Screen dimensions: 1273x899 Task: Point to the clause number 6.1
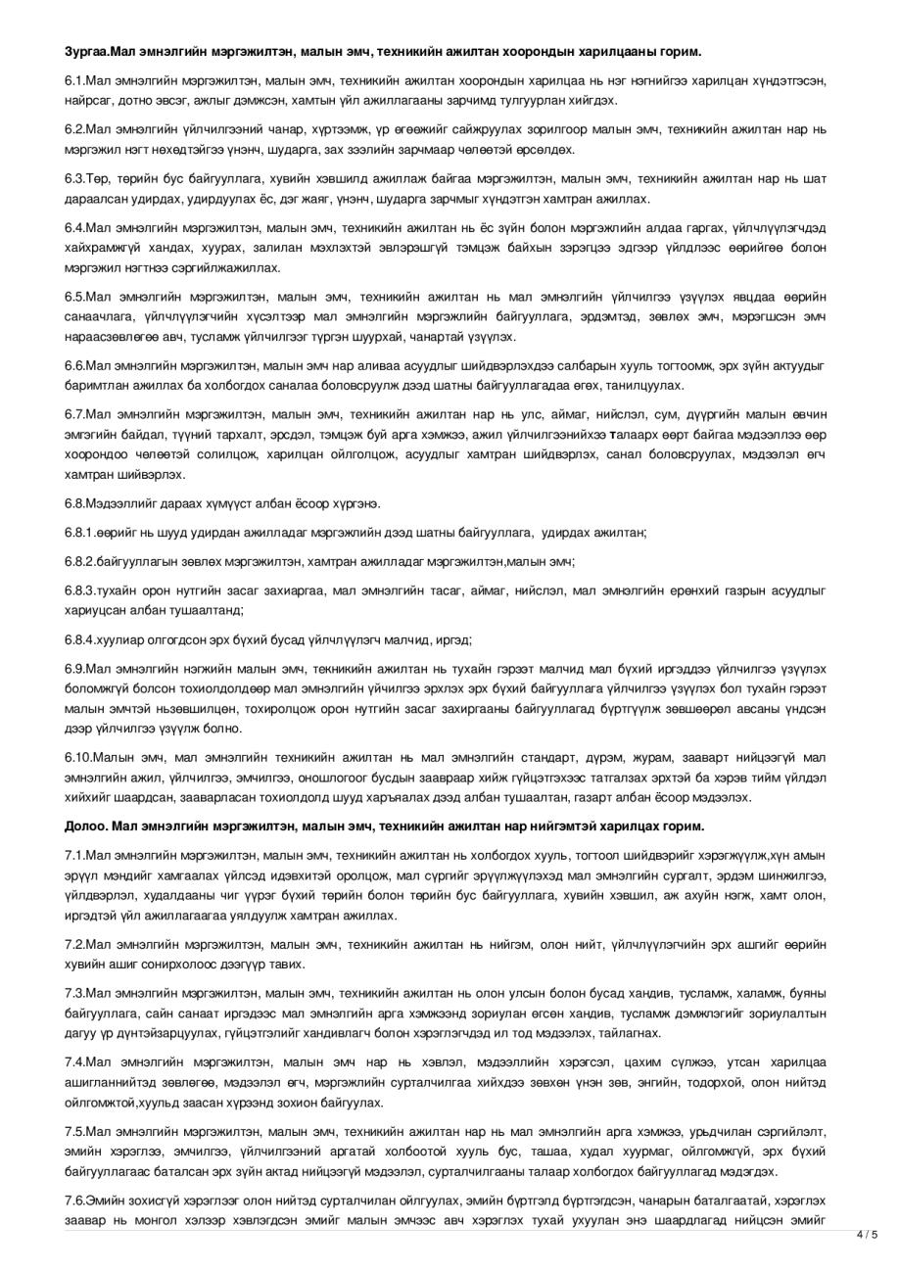point(74,80)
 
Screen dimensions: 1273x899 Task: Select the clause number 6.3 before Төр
point(74,179)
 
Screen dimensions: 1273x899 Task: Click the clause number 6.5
point(74,297)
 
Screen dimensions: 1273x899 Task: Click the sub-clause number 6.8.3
point(80,591)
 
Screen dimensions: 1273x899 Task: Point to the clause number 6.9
point(74,669)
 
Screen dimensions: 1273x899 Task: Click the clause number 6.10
point(77,757)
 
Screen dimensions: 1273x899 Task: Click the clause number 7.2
point(74,945)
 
